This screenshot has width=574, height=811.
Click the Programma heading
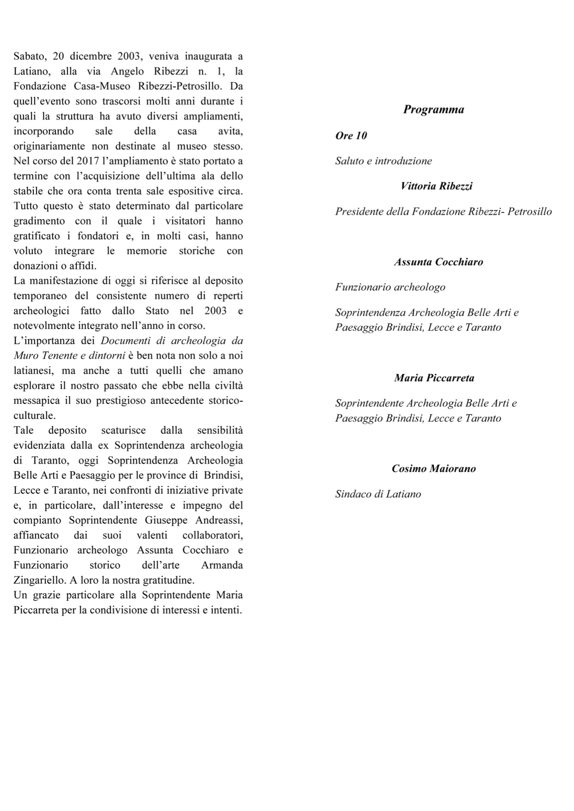433,110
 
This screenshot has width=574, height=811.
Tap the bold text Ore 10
351,136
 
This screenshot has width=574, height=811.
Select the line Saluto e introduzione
383,161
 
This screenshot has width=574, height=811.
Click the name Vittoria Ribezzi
437,186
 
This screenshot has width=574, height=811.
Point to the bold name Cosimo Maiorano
434,469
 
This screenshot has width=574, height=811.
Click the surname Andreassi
219,520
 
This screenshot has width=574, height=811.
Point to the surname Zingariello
38,580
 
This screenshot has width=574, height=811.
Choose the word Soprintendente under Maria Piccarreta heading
369,403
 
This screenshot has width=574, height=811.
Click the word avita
230,131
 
